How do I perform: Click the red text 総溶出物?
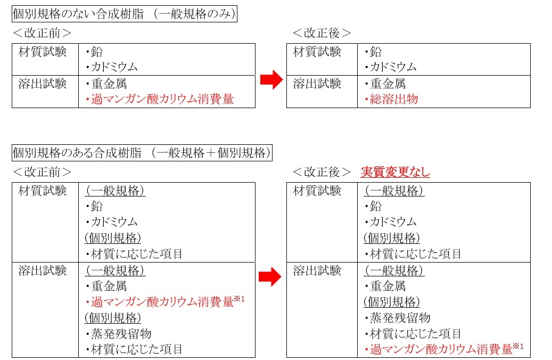[394, 100]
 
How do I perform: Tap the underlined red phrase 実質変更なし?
[396, 172]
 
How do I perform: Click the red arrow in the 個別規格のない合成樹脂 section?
[271, 79]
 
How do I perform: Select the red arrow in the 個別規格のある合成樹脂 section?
[270, 277]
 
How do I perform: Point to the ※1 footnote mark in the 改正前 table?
[240, 299]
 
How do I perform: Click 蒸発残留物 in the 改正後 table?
[400, 318]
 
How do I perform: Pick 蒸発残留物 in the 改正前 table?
[121, 333]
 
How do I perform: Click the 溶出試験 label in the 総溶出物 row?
[317, 84]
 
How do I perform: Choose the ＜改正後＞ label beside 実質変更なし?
[322, 172]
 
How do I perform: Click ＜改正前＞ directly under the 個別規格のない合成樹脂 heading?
[42, 33]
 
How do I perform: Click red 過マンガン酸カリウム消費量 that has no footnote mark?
[162, 100]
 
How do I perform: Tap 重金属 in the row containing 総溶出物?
[388, 84]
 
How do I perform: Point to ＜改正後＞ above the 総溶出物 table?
[322, 33]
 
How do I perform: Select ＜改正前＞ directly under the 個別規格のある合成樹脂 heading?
[42, 172]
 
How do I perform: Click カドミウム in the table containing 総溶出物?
[393, 67]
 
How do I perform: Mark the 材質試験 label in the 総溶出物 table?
[317, 52]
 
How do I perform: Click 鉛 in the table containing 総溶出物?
[376, 52]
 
